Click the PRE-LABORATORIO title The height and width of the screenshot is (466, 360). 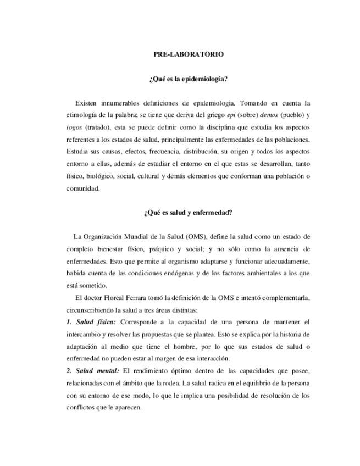(x=188, y=54)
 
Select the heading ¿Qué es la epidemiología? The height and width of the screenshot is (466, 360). (x=188, y=79)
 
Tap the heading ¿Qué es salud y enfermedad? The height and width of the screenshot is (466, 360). (x=188, y=213)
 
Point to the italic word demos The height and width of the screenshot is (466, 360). (x=269, y=115)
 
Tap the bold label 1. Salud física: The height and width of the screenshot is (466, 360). (x=91, y=321)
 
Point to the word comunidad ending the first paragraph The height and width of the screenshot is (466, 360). (x=83, y=188)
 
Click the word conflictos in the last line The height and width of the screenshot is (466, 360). (x=82, y=407)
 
